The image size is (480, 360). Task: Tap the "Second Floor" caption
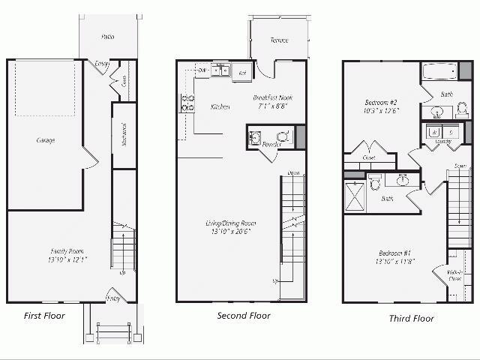coord(244,315)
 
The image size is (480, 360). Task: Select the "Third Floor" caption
coord(411,318)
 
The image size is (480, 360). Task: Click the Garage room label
coord(46,140)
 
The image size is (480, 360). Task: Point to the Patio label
coord(108,36)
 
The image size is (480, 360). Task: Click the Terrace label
coord(279,40)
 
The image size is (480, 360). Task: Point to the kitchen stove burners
coord(187,103)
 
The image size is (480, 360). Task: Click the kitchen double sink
coord(220,71)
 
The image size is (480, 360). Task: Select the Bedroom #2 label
coord(381,102)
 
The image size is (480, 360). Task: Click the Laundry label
coord(442,141)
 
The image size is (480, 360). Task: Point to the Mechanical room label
coord(124,135)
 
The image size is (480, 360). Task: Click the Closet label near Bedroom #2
coord(368,157)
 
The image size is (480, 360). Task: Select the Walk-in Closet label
coord(455,275)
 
